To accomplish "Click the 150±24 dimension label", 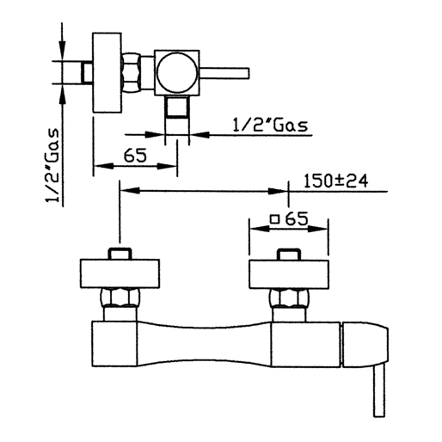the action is click(x=335, y=181).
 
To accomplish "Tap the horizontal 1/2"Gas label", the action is click(x=270, y=126).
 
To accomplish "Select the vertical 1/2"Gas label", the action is click(x=52, y=166).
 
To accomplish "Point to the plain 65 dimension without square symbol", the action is click(x=135, y=156).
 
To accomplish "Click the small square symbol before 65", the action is click(x=275, y=219).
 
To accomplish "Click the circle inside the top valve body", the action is click(x=177, y=72).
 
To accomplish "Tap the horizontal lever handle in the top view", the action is click(x=224, y=73).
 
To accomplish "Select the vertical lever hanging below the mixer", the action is click(x=379, y=391).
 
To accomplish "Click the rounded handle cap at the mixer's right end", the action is click(x=365, y=345).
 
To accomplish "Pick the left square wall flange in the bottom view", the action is click(x=120, y=273).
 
